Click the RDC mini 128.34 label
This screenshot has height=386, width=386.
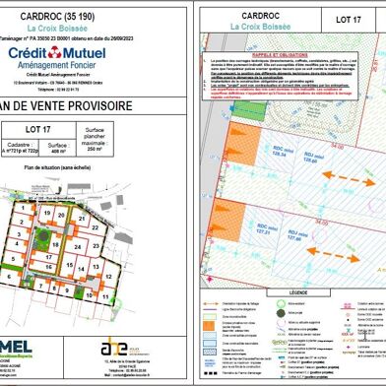pos(278,151)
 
